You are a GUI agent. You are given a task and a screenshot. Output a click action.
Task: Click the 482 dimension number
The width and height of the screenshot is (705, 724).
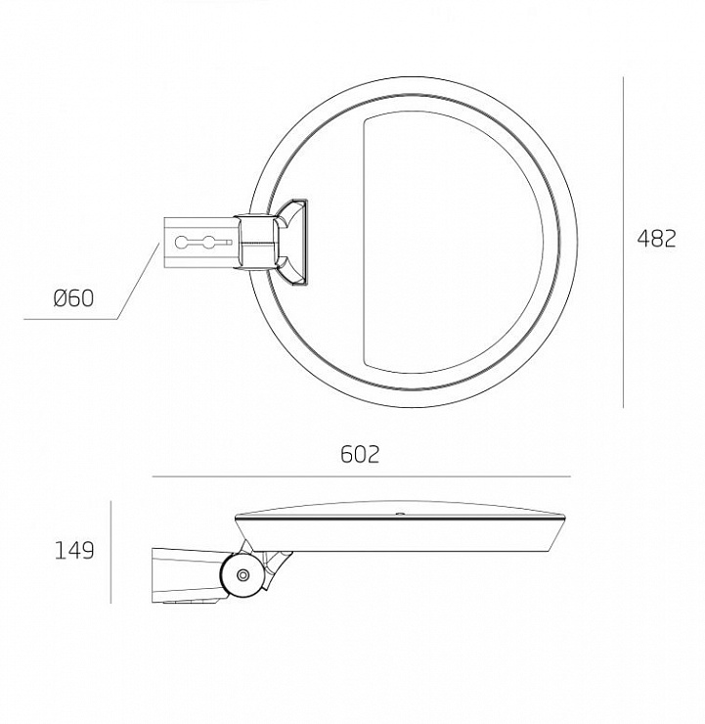pos(656,239)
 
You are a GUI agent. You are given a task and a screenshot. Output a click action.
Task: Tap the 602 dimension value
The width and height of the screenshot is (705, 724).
pos(360,454)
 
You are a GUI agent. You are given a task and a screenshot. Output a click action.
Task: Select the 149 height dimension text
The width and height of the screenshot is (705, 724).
pos(73,551)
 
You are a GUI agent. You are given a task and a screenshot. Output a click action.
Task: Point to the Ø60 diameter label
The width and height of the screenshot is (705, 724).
pos(73,298)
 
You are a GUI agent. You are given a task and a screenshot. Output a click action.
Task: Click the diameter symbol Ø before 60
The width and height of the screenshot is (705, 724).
pos(61,298)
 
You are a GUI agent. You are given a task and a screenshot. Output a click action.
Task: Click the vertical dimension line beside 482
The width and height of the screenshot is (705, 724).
pos(623,243)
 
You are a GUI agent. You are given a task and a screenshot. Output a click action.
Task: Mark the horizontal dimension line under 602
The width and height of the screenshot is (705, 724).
pos(361,476)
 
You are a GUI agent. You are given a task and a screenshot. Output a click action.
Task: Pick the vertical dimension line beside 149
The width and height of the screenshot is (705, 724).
pos(110,552)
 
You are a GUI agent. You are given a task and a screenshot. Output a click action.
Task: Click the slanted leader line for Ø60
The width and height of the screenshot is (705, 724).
pos(138,281)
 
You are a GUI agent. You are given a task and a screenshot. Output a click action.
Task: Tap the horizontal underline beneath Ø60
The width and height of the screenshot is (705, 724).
pos(70,319)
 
